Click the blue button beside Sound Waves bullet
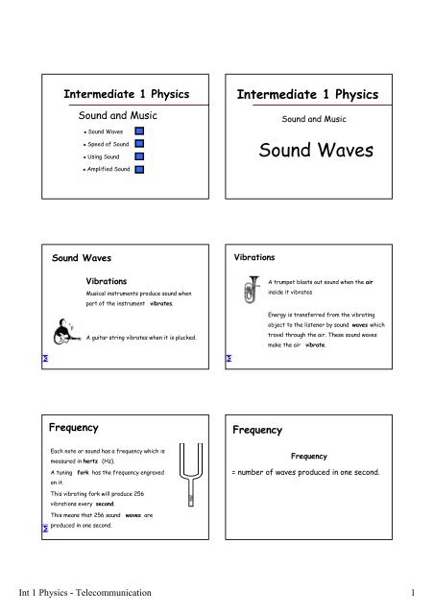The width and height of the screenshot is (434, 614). (139, 130)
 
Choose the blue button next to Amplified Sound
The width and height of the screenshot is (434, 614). (139, 168)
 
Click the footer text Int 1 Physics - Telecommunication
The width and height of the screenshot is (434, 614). (91, 595)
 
